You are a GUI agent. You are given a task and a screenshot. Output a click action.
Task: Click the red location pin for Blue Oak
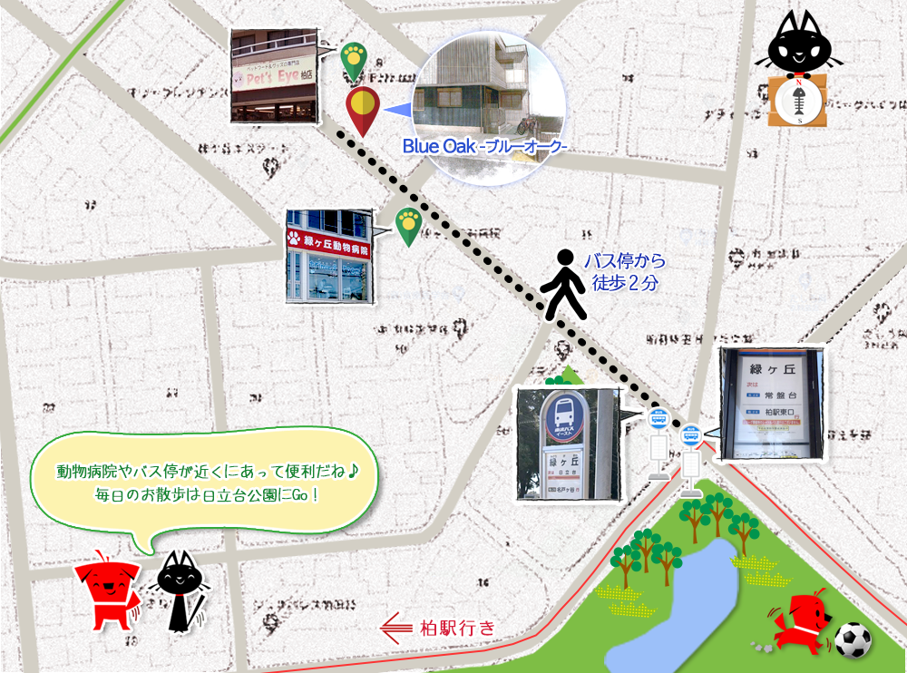(363, 109)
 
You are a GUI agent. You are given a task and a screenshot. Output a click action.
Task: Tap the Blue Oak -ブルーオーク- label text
(484, 145)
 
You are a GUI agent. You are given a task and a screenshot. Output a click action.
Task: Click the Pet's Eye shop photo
(273, 76)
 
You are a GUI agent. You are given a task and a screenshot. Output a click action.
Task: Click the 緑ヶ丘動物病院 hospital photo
(328, 257)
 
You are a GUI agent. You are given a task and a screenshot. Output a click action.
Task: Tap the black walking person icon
(564, 284)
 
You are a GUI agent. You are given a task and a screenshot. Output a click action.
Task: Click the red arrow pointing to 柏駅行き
(396, 627)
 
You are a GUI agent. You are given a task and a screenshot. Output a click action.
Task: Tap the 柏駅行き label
(459, 627)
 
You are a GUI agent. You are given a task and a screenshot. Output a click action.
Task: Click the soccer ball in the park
(853, 639)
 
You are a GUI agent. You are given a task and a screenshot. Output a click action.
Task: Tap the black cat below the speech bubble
(180, 590)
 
